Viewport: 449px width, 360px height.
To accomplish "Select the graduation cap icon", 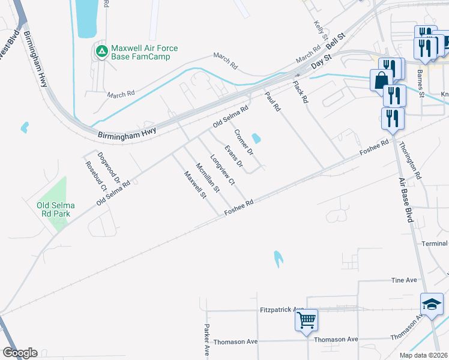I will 432,304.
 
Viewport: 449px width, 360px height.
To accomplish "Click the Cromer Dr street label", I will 244,142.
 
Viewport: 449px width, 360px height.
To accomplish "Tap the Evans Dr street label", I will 234,156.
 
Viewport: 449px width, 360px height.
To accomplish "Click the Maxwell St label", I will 195,185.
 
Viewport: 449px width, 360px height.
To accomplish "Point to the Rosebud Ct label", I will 96,176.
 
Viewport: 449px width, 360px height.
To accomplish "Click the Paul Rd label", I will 273,101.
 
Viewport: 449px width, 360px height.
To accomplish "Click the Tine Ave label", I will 403,280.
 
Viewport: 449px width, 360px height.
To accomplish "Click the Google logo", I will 20,353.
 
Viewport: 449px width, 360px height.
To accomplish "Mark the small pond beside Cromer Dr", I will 256,139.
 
